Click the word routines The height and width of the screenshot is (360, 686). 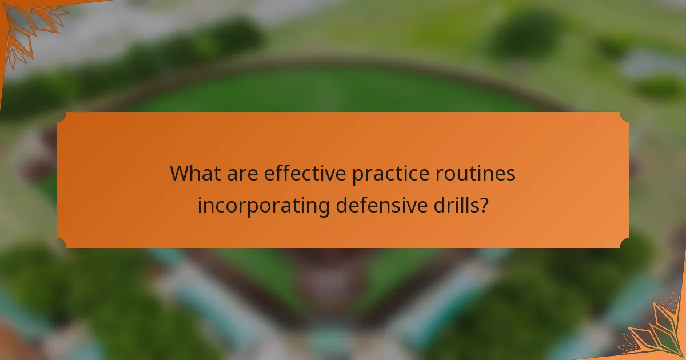pyautogui.click(x=480, y=174)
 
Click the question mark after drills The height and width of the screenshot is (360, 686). pyautogui.click(x=484, y=205)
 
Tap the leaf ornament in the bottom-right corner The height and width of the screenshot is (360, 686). pyautogui.click(x=657, y=331)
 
